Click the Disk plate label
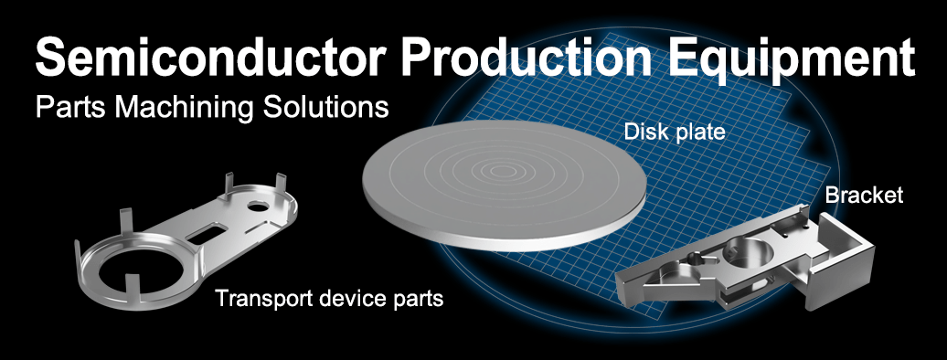click(x=674, y=133)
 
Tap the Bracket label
click(x=864, y=196)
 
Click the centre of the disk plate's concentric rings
click(x=501, y=171)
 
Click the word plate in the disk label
click(x=701, y=133)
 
